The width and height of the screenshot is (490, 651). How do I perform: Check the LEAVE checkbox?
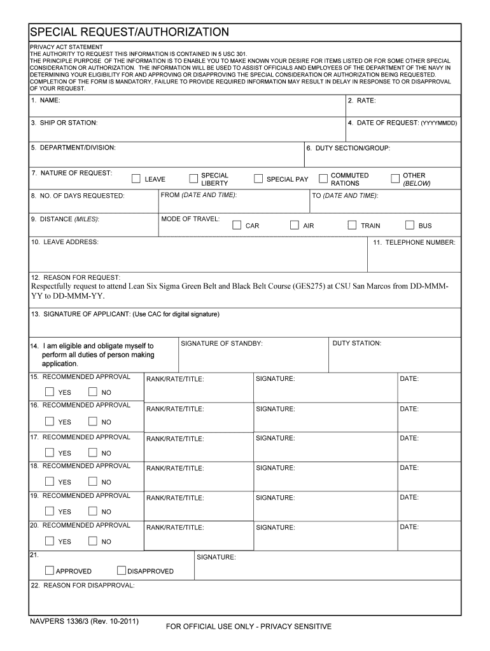coord(136,179)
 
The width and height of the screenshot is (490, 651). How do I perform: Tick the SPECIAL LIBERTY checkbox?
coord(193,179)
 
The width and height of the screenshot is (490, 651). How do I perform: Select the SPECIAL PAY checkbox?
coord(258,179)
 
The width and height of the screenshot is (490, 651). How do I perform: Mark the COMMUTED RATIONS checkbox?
coord(323,179)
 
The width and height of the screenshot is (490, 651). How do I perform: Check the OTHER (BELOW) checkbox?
coord(395,179)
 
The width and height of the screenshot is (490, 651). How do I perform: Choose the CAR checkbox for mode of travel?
coord(237,225)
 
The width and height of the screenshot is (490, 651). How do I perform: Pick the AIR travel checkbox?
coord(295,225)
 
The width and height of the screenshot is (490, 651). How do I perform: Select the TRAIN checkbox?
coord(352,225)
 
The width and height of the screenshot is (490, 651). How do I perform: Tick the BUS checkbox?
coord(410,225)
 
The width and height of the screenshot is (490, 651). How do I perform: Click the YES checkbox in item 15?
coord(50,392)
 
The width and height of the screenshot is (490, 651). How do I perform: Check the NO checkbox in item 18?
coord(93,481)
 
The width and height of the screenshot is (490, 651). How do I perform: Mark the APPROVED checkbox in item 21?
coord(50,570)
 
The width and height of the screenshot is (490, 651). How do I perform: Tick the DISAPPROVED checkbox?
coord(122,570)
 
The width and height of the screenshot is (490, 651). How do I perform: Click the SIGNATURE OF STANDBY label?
coord(221,343)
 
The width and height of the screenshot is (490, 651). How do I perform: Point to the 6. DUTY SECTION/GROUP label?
coord(348,148)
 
